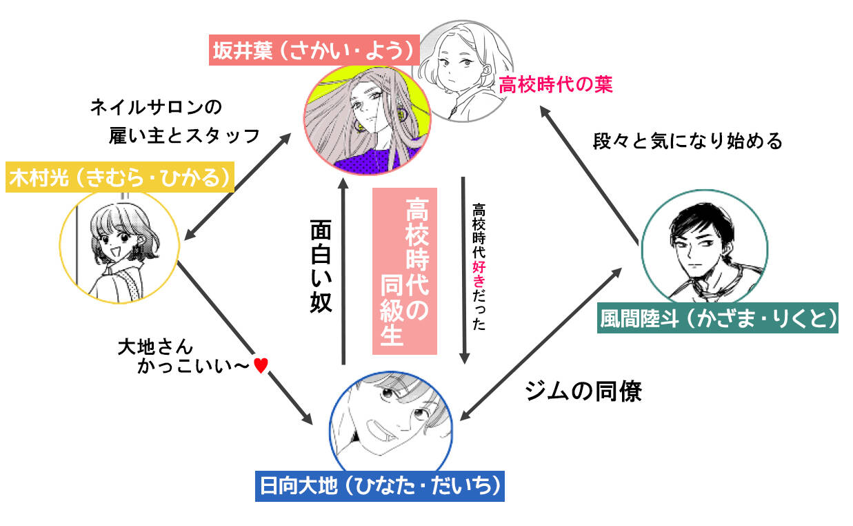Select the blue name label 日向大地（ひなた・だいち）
tap(379, 486)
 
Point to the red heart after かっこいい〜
tap(260, 366)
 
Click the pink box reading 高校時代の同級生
tap(405, 271)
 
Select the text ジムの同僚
tap(583, 391)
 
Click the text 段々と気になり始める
tap(688, 141)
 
